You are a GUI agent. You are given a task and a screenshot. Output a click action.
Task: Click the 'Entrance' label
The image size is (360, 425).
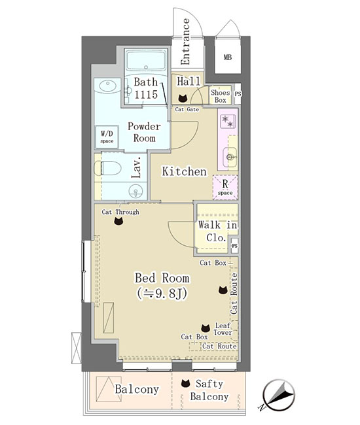pyautogui.click(x=185, y=41)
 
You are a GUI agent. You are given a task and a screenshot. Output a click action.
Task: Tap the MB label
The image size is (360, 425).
pyautogui.click(x=228, y=57)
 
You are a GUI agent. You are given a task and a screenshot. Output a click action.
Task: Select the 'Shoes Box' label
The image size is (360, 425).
pyautogui.click(x=220, y=96)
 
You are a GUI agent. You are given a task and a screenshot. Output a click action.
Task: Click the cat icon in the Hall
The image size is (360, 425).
pyautogui.click(x=183, y=98)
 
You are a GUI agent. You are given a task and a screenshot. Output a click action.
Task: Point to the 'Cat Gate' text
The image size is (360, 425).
pyautogui.click(x=187, y=109)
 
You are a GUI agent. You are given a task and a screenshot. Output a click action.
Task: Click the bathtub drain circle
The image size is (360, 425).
pyautogui.click(x=146, y=67)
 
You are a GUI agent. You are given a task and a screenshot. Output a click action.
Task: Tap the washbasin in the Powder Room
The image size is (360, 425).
pyautogui.click(x=108, y=86)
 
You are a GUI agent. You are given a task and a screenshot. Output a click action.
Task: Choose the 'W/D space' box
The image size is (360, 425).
pyautogui.click(x=107, y=137)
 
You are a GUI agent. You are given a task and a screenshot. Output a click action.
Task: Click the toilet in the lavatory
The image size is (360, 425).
pyautogui.click(x=108, y=168)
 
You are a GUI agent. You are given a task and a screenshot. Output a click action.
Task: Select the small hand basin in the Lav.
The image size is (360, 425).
pyautogui.click(x=135, y=191)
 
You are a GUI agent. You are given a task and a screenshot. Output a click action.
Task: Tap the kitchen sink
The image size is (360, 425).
pyautogui.click(x=230, y=157)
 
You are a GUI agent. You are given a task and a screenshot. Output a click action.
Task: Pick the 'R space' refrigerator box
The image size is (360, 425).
pyautogui.click(x=225, y=187)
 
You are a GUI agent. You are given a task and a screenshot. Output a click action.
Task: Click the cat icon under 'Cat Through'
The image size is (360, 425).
pyautogui.click(x=118, y=221)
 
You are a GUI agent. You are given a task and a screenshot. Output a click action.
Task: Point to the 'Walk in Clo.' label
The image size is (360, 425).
pyautogui.click(x=217, y=231)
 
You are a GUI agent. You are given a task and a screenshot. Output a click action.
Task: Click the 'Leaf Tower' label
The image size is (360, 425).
pyautogui.click(x=223, y=329)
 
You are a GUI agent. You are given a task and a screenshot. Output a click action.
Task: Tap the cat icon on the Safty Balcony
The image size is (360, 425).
pyautogui.click(x=185, y=383)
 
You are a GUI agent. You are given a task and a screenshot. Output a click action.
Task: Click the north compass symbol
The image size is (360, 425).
pyautogui.click(x=278, y=395)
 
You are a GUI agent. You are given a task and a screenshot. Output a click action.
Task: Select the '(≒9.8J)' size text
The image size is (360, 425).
pyautogui.click(x=162, y=294)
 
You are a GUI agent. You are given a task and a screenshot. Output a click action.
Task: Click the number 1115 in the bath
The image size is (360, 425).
pyautogui.click(x=146, y=94)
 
